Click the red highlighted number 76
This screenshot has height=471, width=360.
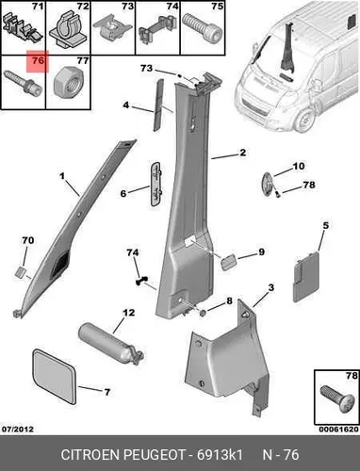38,60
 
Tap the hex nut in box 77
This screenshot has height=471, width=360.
69,84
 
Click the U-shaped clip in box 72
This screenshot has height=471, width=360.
68,28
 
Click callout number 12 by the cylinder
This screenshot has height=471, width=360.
129,313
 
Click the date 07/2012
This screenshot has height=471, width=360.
18,430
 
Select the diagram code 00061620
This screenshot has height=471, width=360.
338,430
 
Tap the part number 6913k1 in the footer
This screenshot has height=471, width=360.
220,455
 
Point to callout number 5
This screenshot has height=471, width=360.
326,225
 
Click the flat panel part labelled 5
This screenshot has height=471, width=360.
306,276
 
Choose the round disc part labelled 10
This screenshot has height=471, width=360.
266,185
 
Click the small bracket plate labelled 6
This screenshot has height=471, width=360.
155,184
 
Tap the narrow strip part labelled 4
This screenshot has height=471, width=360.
158,106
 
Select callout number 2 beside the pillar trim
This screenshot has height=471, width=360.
242,153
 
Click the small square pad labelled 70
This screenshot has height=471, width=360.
21,272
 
